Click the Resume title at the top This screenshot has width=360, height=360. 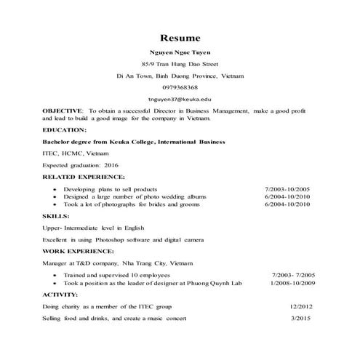[x=180, y=37]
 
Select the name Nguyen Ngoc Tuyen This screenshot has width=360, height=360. [x=180, y=53]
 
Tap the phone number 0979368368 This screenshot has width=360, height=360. [x=180, y=87]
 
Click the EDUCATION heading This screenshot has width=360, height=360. [x=65, y=129]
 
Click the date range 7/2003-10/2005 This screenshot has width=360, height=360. [x=289, y=188]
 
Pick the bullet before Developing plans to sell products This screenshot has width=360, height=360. [x=56, y=189]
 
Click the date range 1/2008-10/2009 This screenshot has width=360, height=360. [x=293, y=283]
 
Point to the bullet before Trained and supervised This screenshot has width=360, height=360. [x=56, y=276]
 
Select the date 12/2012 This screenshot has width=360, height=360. [x=300, y=307]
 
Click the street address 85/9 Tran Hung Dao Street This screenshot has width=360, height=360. [x=180, y=65]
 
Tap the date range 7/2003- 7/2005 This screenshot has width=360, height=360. [x=294, y=275]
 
